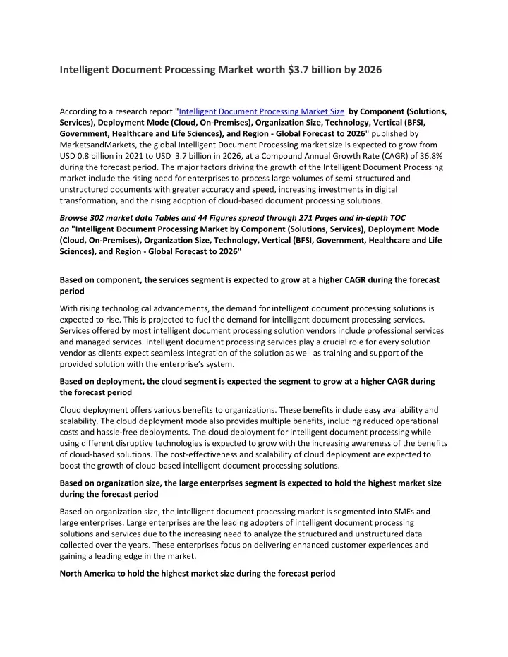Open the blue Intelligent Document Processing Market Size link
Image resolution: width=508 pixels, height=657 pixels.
point(262,111)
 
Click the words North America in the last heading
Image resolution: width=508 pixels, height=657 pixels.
point(91,573)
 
